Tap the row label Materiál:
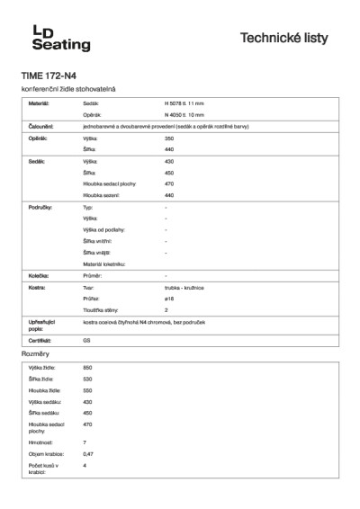tap(38, 105)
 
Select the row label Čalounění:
tap(40, 128)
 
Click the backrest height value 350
tap(169, 138)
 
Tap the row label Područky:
tap(40, 206)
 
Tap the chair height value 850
tap(87, 368)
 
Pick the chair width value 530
tap(87, 379)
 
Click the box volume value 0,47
tap(88, 454)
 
